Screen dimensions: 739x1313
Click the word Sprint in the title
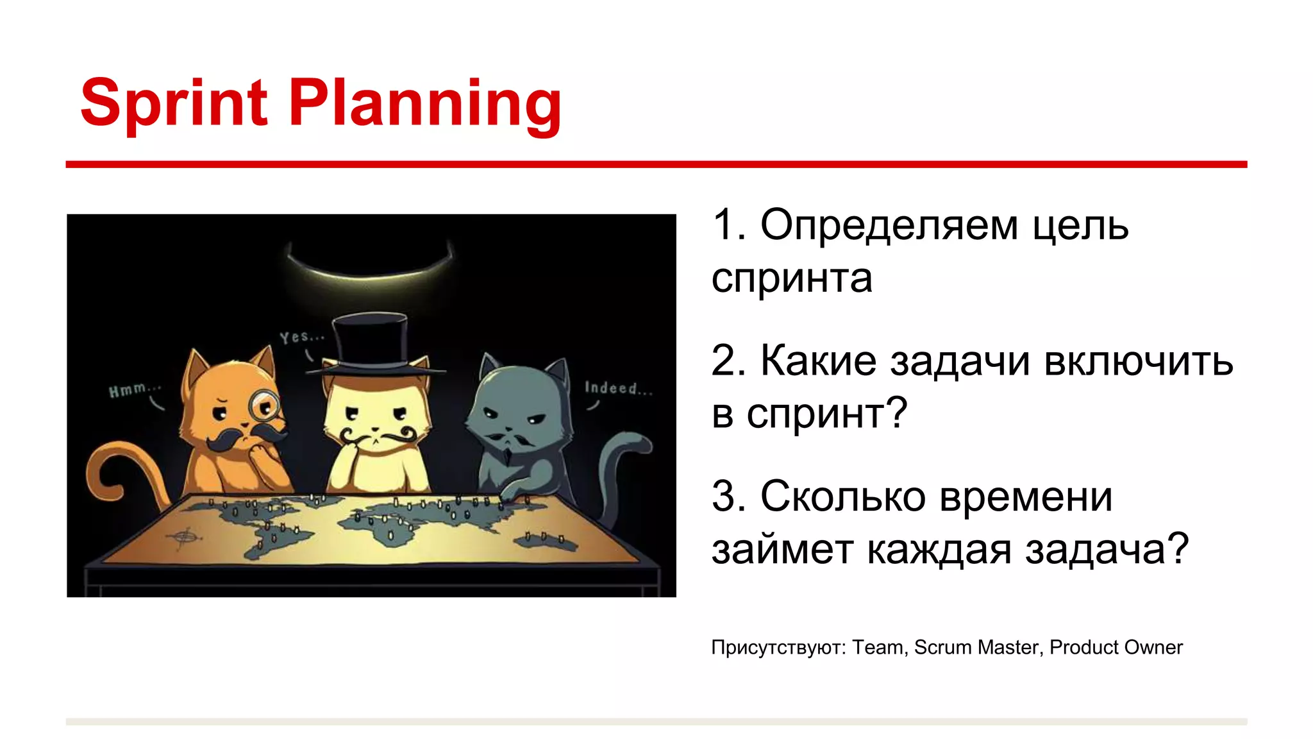click(x=174, y=103)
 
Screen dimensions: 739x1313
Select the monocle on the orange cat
click(x=265, y=404)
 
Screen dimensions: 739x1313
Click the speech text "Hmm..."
click(x=134, y=389)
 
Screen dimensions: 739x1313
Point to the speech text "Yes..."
click(x=302, y=337)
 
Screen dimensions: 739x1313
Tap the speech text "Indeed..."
click(x=618, y=387)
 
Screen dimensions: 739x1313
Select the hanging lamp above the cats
click(x=370, y=263)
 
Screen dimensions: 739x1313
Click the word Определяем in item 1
click(x=889, y=225)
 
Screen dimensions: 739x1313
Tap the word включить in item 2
click(x=1138, y=361)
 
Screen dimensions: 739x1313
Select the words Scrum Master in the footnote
click(x=976, y=647)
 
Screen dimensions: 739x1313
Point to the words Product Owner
click(x=1116, y=647)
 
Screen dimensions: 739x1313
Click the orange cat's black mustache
click(x=246, y=438)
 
